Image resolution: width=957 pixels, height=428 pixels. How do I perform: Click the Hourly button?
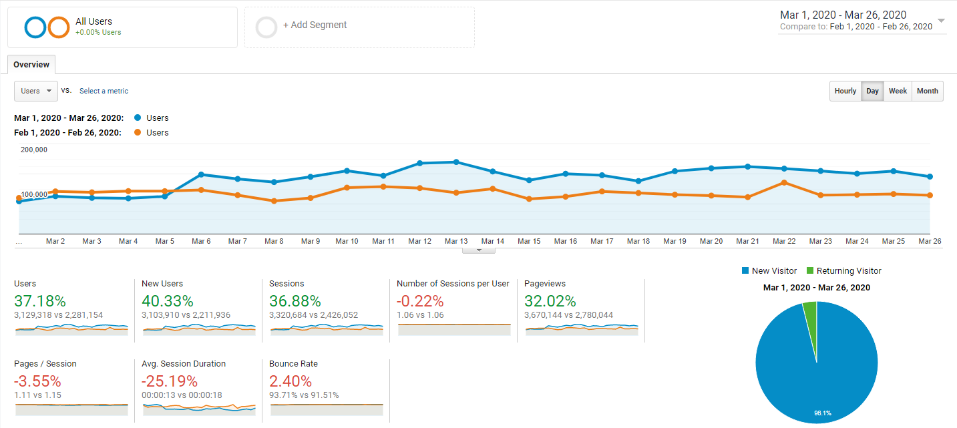point(845,91)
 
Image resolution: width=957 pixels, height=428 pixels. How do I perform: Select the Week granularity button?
point(898,91)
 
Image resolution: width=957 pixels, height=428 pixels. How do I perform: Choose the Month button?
point(928,91)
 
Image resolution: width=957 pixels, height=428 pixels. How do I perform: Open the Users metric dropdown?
point(36,91)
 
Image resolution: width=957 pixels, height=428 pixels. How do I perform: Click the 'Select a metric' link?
point(104,91)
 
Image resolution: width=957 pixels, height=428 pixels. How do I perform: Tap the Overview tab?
point(31,65)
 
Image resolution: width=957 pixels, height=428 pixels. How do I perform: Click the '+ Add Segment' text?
point(315,25)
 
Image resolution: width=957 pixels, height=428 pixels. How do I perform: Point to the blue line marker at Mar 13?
point(456,162)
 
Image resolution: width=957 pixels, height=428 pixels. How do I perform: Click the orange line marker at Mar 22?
point(784,183)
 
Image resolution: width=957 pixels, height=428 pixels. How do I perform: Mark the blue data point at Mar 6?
point(201,175)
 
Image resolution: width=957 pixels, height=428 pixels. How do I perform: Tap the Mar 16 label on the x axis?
point(565,241)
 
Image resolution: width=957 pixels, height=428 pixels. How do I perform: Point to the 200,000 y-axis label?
point(34,150)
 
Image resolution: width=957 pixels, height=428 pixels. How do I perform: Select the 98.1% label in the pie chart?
point(822,413)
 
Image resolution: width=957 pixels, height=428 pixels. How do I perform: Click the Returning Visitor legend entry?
point(843,271)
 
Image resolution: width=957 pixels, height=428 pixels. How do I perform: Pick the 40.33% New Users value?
point(168,301)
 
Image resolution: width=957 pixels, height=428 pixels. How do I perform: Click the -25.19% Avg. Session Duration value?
point(170,381)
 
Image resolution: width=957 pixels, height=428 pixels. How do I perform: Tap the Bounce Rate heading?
point(293,363)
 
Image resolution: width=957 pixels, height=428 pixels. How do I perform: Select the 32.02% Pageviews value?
point(550,301)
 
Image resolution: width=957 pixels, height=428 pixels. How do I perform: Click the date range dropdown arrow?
point(941,21)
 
